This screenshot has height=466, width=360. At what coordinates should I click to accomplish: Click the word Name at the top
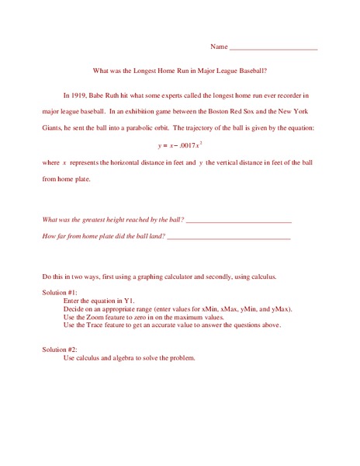coord(219,47)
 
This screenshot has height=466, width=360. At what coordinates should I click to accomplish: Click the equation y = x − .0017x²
coord(179,144)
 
